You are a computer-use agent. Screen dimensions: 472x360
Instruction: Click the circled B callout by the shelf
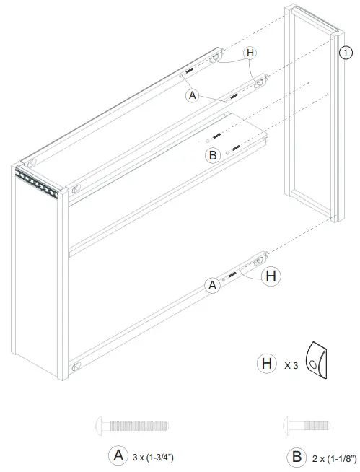(x=213, y=154)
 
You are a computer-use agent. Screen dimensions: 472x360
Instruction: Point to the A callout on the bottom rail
(x=213, y=286)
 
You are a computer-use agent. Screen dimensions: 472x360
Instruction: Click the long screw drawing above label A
(x=131, y=426)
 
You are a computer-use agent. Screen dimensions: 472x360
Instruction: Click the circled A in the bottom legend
(x=118, y=455)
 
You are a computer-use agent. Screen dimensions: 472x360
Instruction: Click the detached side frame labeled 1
(x=312, y=115)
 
